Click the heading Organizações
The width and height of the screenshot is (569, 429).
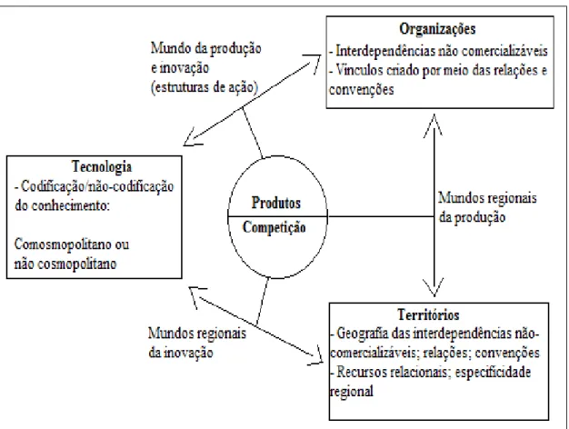(437, 29)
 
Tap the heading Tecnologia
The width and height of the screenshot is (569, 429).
(102, 166)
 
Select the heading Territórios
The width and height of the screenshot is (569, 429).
(428, 314)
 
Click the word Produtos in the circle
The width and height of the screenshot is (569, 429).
(276, 203)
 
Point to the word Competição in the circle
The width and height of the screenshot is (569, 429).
(274, 227)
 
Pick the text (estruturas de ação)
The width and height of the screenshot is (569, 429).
(205, 87)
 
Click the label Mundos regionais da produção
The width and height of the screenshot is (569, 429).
(487, 207)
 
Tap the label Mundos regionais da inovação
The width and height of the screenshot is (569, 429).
(197, 343)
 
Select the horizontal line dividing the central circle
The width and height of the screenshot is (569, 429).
(277, 216)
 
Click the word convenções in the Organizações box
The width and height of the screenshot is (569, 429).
(361, 90)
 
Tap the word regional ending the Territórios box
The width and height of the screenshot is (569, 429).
(351, 392)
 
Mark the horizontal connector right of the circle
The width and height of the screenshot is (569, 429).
(381, 216)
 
